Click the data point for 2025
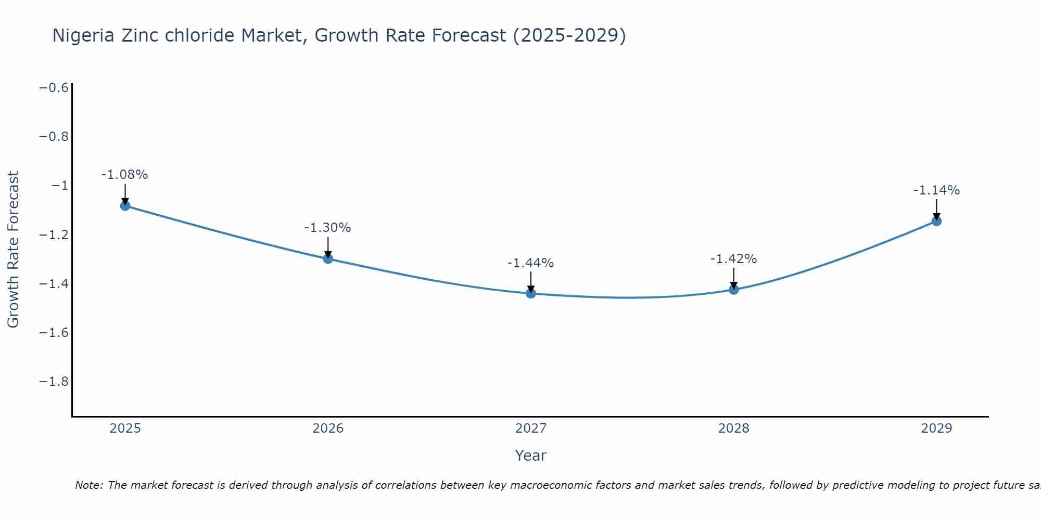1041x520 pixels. click(x=125, y=205)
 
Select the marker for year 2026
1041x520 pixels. click(x=328, y=258)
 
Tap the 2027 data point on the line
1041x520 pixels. click(x=531, y=293)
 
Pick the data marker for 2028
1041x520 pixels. click(x=734, y=289)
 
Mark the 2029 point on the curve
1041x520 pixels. click(x=936, y=221)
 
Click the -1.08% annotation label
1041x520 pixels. click(x=125, y=175)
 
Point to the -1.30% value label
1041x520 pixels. click(x=328, y=228)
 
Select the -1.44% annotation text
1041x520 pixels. click(x=531, y=263)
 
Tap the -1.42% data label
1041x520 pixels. click(x=734, y=259)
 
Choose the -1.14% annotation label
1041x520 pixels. click(x=936, y=190)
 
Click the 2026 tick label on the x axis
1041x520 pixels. click(x=328, y=428)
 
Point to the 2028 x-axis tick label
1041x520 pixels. click(x=734, y=428)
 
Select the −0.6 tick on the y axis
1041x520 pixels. click(x=54, y=87)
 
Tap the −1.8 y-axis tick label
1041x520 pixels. click(x=54, y=382)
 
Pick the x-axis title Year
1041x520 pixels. click(x=531, y=456)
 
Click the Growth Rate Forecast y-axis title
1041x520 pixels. click(x=13, y=250)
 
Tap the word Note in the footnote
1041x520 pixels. click(x=89, y=485)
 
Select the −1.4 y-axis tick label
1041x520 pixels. click(x=54, y=283)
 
